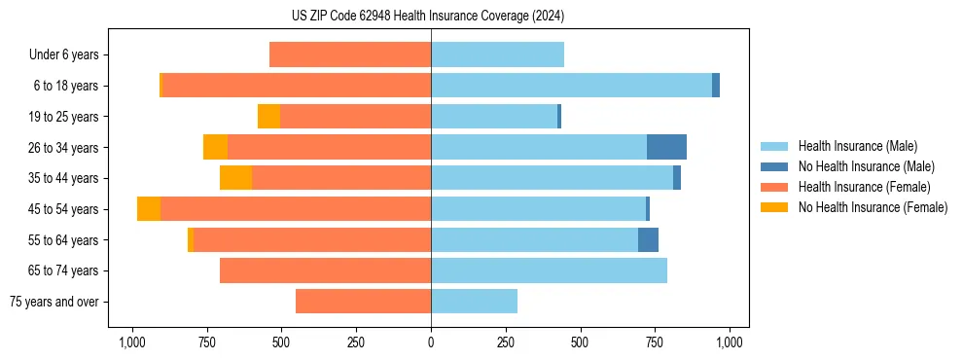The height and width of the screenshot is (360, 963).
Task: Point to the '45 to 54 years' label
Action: (64, 209)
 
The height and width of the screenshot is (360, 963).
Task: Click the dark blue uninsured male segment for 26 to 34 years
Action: (666, 147)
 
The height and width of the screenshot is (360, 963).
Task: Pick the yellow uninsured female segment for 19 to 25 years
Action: (268, 117)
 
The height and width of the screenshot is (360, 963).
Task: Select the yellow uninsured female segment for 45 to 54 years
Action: (149, 209)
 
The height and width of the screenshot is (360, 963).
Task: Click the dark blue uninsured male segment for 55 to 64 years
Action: (648, 239)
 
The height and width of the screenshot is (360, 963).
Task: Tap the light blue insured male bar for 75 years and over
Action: (474, 302)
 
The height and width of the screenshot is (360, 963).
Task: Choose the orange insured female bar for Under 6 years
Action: (350, 55)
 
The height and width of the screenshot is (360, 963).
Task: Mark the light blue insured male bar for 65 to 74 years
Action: (549, 270)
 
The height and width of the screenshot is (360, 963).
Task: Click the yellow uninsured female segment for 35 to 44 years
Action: (235, 178)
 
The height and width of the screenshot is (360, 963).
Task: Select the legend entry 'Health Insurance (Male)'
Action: (857, 146)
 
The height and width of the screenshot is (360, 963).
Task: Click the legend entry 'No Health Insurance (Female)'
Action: (873, 207)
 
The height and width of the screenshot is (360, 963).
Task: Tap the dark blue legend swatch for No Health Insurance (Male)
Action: (775, 166)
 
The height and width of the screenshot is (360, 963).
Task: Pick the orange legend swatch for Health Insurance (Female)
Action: (775, 187)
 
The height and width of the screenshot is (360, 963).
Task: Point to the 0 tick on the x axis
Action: (431, 342)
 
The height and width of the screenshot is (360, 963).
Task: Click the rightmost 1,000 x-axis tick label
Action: (730, 342)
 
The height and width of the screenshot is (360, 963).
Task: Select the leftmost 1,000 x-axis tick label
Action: (131, 342)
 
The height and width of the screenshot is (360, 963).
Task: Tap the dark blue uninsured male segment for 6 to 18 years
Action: (716, 86)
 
